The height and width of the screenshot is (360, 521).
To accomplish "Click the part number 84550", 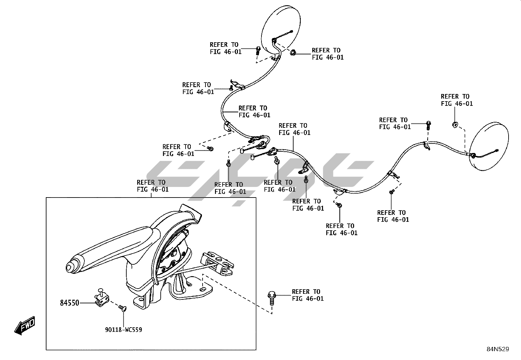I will [x=69, y=303].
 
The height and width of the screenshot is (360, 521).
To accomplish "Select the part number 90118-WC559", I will [x=123, y=330].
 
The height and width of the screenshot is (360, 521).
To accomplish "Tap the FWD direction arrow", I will [x=25, y=326].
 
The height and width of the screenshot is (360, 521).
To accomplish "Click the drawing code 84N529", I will [x=497, y=349].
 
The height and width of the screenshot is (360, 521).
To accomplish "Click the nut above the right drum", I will [x=455, y=124].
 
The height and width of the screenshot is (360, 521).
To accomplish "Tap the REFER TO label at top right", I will [x=457, y=100].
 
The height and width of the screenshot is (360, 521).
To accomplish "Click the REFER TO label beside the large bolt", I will [x=308, y=295].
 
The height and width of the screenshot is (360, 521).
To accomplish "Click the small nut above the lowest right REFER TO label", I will [x=339, y=205].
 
